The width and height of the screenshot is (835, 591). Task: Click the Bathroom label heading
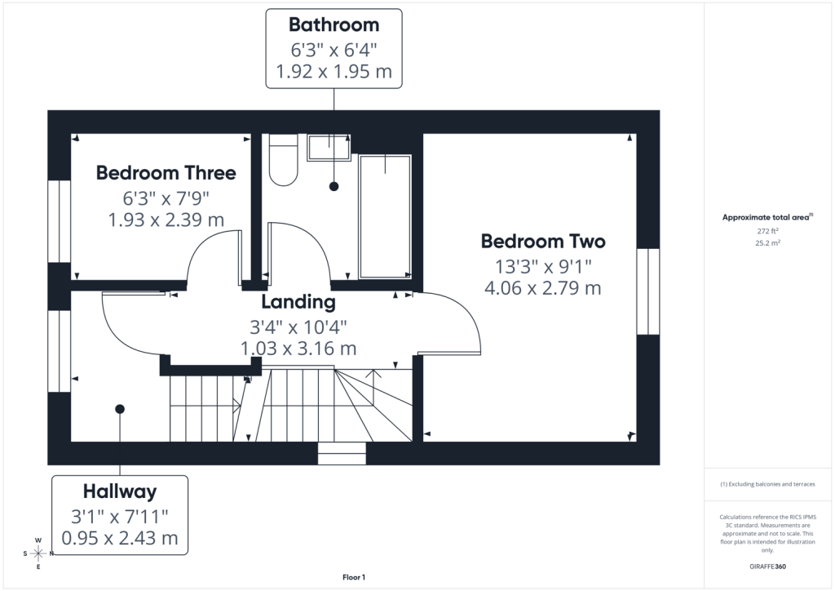334,25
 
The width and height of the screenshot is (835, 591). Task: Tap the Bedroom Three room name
166,173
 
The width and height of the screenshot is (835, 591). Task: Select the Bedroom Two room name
543,242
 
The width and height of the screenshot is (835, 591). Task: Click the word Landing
298,302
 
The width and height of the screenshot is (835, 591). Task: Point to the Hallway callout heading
120,491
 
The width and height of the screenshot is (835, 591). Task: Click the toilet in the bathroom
283,160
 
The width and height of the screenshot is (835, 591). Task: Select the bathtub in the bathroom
385,216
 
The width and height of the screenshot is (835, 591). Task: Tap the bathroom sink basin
329,148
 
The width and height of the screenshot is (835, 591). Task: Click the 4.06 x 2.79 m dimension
542,288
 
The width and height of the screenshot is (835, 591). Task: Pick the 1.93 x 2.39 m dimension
166,220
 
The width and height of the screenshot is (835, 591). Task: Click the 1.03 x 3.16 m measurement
298,349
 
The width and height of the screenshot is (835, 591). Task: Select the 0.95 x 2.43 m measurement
120,538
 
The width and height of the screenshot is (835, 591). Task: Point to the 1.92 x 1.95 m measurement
334,71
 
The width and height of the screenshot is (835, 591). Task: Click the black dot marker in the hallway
120,409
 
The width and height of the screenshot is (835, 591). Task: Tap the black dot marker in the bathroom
334,186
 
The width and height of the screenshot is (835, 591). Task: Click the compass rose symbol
38,553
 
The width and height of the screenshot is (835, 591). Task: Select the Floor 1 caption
354,577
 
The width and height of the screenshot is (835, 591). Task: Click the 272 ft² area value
767,231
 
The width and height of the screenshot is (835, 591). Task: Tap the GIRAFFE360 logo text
767,567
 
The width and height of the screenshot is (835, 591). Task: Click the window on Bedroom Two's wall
648,291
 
